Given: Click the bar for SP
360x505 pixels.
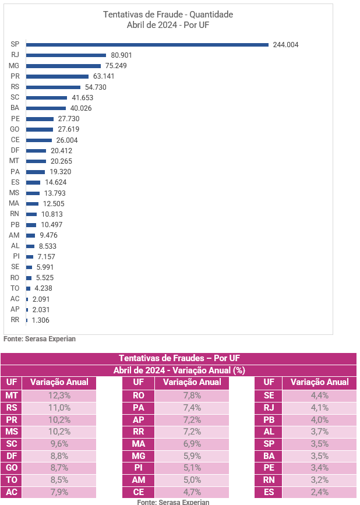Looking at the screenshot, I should (x=147, y=44).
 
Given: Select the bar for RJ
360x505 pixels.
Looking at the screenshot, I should (x=66, y=55).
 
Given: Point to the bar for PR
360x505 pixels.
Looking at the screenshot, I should (x=57, y=76).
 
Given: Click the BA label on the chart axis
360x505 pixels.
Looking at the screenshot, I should (x=15, y=108).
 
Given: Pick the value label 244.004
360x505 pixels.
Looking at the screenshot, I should (x=285, y=45).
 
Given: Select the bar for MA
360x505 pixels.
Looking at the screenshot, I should (x=32, y=203).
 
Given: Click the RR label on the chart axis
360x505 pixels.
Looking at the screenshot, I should (x=15, y=320).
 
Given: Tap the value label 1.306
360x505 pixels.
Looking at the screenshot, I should (x=41, y=320).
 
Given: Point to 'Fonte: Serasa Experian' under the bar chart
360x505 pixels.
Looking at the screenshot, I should (x=40, y=338).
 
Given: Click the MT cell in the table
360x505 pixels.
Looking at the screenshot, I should (x=11, y=396).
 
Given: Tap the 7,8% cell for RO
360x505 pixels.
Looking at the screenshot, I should (x=192, y=396).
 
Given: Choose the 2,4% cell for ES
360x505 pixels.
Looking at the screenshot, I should (x=319, y=492).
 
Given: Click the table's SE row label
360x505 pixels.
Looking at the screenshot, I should (x=269, y=396).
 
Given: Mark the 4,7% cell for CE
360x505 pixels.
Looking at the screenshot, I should (x=192, y=492).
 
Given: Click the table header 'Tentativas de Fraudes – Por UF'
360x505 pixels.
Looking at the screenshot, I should (x=179, y=358).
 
